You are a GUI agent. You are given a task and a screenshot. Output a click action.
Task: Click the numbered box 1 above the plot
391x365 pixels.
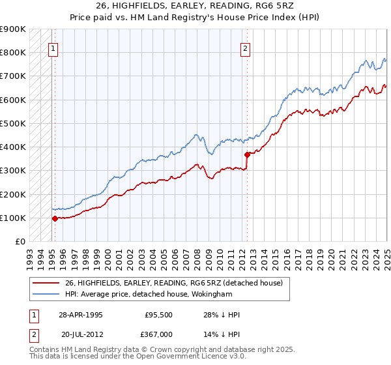[x=53, y=47]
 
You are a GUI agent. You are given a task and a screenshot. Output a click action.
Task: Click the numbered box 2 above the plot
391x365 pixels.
[x=245, y=47]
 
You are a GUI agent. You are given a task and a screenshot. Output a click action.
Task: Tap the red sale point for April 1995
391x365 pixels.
[x=55, y=219]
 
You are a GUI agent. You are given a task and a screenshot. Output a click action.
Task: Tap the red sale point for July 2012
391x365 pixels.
[x=248, y=154]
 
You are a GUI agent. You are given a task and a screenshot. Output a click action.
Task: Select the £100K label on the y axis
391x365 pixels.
[x=13, y=218]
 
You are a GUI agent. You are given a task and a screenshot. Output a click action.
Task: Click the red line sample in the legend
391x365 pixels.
[x=46, y=284]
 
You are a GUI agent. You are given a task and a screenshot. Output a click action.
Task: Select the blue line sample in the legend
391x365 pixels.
[x=46, y=293]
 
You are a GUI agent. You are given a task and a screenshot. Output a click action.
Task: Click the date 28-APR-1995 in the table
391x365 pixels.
[x=80, y=315]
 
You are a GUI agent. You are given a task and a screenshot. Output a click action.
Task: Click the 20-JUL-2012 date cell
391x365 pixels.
[x=80, y=334]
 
